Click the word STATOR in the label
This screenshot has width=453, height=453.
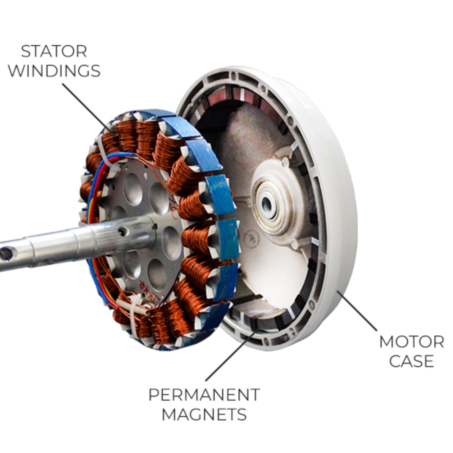click(54, 51)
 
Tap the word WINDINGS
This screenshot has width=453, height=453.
click(54, 71)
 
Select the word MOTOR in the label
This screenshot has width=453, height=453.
click(411, 342)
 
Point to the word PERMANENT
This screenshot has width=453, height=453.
click(204, 395)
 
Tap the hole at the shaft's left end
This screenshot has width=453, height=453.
click(6, 254)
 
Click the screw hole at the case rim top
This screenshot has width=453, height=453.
click(233, 76)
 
